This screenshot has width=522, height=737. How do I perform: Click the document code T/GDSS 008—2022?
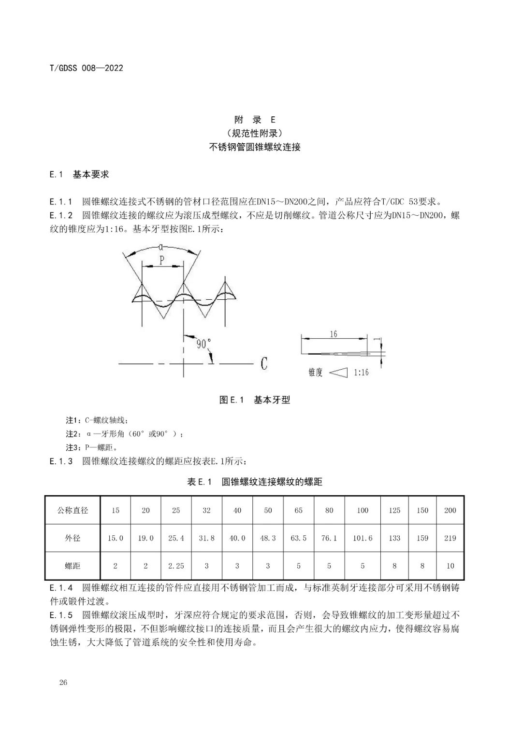87,68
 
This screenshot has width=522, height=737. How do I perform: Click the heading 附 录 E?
255,120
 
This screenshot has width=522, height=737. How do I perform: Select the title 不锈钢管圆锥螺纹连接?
255,147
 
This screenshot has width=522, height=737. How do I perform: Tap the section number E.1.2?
61,216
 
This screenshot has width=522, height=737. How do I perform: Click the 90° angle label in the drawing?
203,344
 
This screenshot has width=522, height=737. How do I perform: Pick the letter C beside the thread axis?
264,363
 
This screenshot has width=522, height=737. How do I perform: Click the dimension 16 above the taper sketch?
333,334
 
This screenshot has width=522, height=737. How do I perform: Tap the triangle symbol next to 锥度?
341,373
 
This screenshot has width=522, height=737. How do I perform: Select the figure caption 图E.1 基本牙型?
255,400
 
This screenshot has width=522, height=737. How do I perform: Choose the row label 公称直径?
72,510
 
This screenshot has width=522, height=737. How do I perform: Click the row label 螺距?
72,566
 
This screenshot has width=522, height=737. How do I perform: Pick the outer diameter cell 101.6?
362,538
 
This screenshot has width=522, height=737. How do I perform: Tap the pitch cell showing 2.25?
176,566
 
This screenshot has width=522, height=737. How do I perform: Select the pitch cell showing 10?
450,566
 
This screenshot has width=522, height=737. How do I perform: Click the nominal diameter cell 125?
394,510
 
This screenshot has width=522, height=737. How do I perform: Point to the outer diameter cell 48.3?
268,538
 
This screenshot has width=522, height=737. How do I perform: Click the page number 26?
63,682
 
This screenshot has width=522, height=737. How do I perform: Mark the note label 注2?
71,434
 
